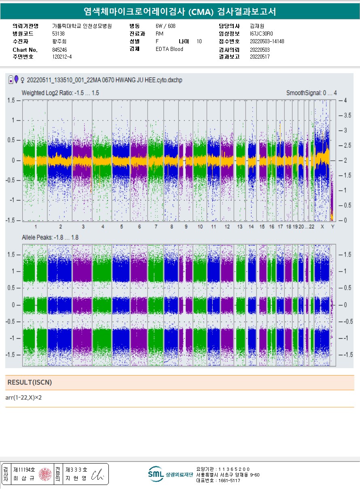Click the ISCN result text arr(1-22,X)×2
(x=23, y=398)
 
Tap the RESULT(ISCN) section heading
(x=30, y=382)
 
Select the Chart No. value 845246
(x=59, y=50)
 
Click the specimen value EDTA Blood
(x=169, y=49)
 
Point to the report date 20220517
(x=260, y=57)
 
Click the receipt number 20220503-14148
(x=267, y=41)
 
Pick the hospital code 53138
(x=58, y=34)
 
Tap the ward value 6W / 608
(x=165, y=26)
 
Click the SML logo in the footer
(x=156, y=474)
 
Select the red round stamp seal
(x=45, y=474)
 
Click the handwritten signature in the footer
(x=97, y=474)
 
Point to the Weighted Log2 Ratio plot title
(x=60, y=93)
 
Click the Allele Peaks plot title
(x=50, y=237)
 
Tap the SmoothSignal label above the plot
(x=311, y=93)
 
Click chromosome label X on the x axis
(x=322, y=227)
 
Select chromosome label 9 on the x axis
(x=186, y=227)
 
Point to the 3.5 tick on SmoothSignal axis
(x=347, y=115)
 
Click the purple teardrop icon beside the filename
(x=16, y=79)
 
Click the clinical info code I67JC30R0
(x=261, y=34)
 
